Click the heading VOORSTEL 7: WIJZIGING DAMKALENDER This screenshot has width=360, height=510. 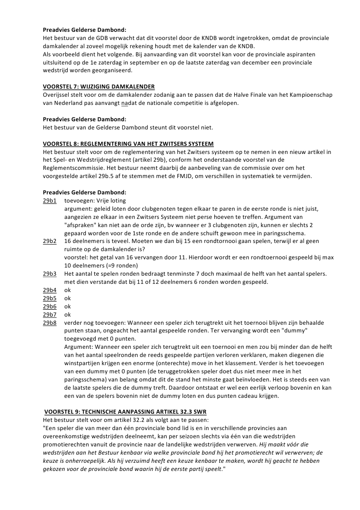[x=99, y=86]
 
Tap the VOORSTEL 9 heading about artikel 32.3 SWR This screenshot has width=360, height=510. [x=125, y=411]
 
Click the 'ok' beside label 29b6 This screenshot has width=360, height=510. [x=68, y=306]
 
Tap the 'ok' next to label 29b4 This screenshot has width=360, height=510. [x=68, y=290]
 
